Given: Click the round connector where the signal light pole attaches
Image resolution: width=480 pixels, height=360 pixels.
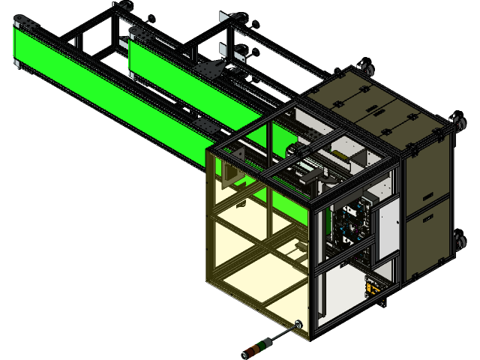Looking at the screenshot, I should (x=298, y=325).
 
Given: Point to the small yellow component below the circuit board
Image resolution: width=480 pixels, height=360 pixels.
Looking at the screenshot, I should (x=371, y=285).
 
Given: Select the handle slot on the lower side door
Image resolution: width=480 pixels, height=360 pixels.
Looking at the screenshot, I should (x=430, y=250).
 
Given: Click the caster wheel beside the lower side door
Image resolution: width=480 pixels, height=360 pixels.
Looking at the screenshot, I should (x=460, y=241).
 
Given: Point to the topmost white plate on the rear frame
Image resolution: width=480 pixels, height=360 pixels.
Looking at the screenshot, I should (x=223, y=16).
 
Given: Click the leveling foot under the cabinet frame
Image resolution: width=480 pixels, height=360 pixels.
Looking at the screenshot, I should (x=384, y=304).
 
